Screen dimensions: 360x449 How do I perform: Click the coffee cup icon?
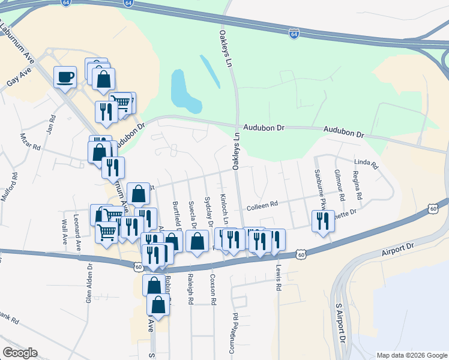(x=65, y=77)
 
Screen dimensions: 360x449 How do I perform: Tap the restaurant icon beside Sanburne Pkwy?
(x=323, y=221)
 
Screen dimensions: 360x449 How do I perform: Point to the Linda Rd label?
(x=366, y=163)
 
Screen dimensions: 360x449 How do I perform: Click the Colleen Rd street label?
(x=262, y=205)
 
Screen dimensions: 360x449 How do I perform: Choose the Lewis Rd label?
(x=279, y=278)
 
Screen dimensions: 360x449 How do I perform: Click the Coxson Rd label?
(x=212, y=288)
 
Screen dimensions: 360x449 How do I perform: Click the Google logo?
(x=20, y=353)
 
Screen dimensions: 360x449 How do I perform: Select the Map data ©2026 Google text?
(x=411, y=355)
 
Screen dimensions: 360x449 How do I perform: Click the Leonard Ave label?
(x=77, y=232)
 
